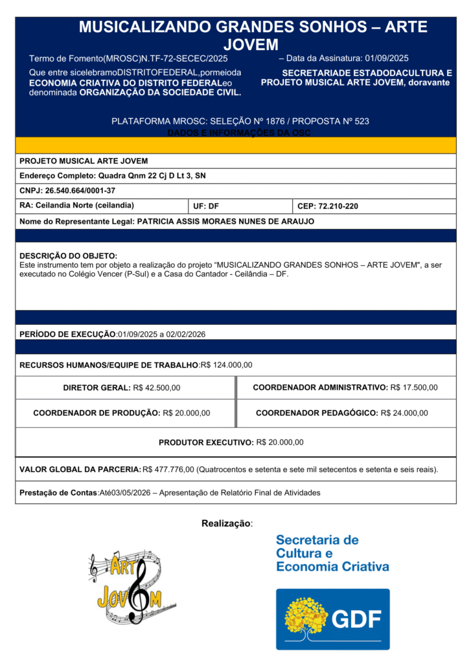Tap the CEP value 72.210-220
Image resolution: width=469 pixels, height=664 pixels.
tap(337, 206)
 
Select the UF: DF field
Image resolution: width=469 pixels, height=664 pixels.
tap(206, 206)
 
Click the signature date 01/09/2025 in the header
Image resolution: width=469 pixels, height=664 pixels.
tap(387, 58)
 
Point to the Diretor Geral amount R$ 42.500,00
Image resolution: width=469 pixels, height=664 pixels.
tap(156, 388)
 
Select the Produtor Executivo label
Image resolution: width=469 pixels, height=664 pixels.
tap(206, 442)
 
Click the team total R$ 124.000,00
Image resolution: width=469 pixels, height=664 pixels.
tap(227, 365)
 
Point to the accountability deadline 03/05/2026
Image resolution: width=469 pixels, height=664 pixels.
tap(130, 493)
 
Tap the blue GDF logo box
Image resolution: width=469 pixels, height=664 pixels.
tap(332, 619)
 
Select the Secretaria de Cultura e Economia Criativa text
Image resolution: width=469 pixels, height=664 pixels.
tap(332, 553)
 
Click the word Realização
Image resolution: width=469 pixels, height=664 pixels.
tap(226, 523)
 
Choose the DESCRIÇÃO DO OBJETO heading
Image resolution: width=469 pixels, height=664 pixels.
tap(68, 256)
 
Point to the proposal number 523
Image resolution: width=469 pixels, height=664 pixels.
tap(361, 121)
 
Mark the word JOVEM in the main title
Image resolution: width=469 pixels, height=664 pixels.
tap(250, 44)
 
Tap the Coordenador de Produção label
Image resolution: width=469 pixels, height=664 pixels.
tap(97, 413)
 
